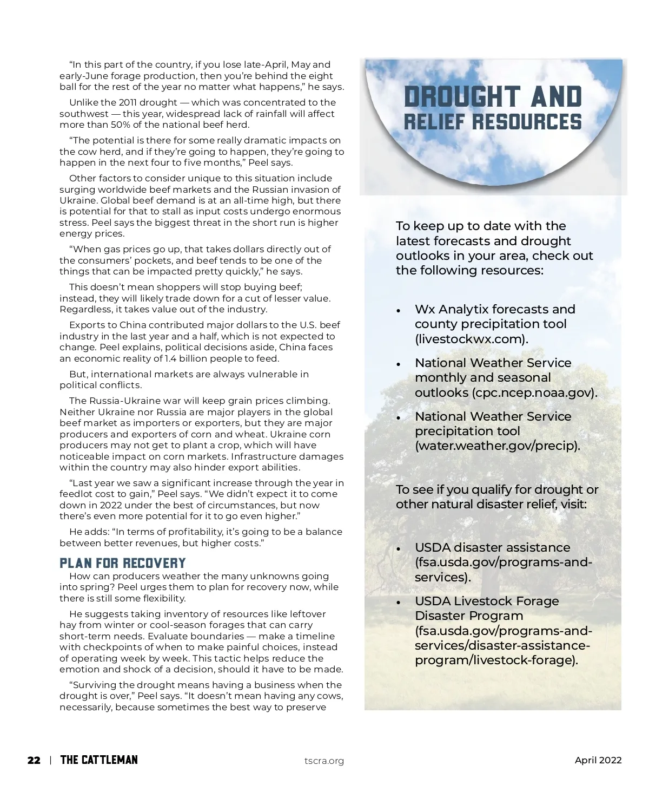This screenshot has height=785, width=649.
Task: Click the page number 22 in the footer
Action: pos(34,760)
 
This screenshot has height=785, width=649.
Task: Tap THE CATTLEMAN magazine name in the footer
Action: pos(99,760)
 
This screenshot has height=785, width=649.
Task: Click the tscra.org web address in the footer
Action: pos(324,761)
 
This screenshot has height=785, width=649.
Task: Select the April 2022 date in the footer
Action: pos(598,760)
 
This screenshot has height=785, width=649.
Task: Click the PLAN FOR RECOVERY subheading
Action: pos(123,563)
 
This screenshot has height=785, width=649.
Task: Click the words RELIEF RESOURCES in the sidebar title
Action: pos(493,122)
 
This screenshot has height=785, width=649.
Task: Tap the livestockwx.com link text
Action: pos(471,339)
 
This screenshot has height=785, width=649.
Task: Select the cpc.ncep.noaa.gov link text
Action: pos(533,392)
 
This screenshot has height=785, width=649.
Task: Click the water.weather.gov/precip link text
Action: pos(496,446)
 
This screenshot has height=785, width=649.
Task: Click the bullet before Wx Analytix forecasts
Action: pos(399,311)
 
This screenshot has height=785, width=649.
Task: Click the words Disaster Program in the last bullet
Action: pos(469,616)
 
